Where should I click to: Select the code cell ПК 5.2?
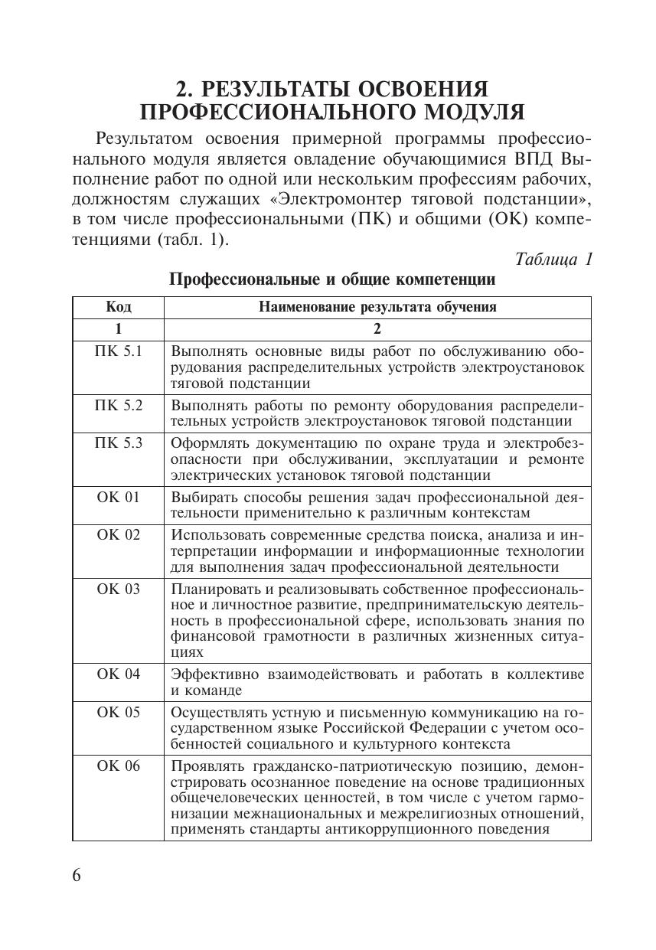coord(119,405)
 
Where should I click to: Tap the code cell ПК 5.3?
coord(119,442)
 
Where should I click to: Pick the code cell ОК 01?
coord(119,497)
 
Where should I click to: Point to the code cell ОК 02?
coord(119,534)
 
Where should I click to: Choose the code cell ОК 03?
coord(119,589)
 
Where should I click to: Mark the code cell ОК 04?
coord(119,674)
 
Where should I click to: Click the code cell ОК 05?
coord(119,712)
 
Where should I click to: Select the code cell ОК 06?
coord(119,766)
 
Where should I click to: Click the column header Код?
coord(119,307)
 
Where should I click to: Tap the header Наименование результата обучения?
coord(377,307)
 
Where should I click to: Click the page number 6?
coord(77,876)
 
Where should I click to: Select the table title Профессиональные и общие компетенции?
coord(331,280)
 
